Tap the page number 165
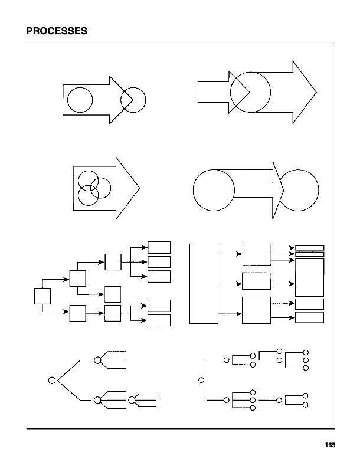(x=329, y=446)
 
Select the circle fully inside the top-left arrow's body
(x=80, y=99)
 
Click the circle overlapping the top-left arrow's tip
(x=133, y=100)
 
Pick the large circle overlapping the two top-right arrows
(x=250, y=91)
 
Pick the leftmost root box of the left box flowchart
(x=42, y=296)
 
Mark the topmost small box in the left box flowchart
(x=159, y=247)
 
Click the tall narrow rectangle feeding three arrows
(x=204, y=283)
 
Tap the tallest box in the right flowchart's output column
(x=309, y=277)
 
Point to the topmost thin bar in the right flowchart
(x=309, y=248)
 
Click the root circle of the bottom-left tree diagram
(x=51, y=379)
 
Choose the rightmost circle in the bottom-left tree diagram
(x=132, y=400)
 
